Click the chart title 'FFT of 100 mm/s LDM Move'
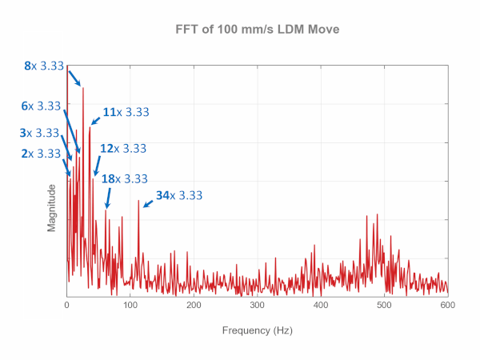tap(258, 29)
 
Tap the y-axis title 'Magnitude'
tap(51, 207)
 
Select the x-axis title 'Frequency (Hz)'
tap(258, 329)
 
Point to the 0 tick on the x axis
tap(66, 305)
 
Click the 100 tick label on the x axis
tap(130, 305)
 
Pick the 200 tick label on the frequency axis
tap(194, 305)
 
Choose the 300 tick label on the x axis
tap(257, 305)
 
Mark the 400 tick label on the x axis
tap(321, 305)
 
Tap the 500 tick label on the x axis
tap(384, 305)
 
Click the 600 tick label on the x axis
tap(447, 305)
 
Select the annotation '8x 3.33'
tap(43, 66)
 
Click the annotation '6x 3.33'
tap(41, 106)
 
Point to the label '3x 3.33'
tap(41, 133)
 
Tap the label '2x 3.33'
tap(41, 153)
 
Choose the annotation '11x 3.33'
tap(126, 112)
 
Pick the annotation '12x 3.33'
tap(123, 148)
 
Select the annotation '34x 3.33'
tap(179, 194)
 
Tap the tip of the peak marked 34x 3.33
tap(138, 200)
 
